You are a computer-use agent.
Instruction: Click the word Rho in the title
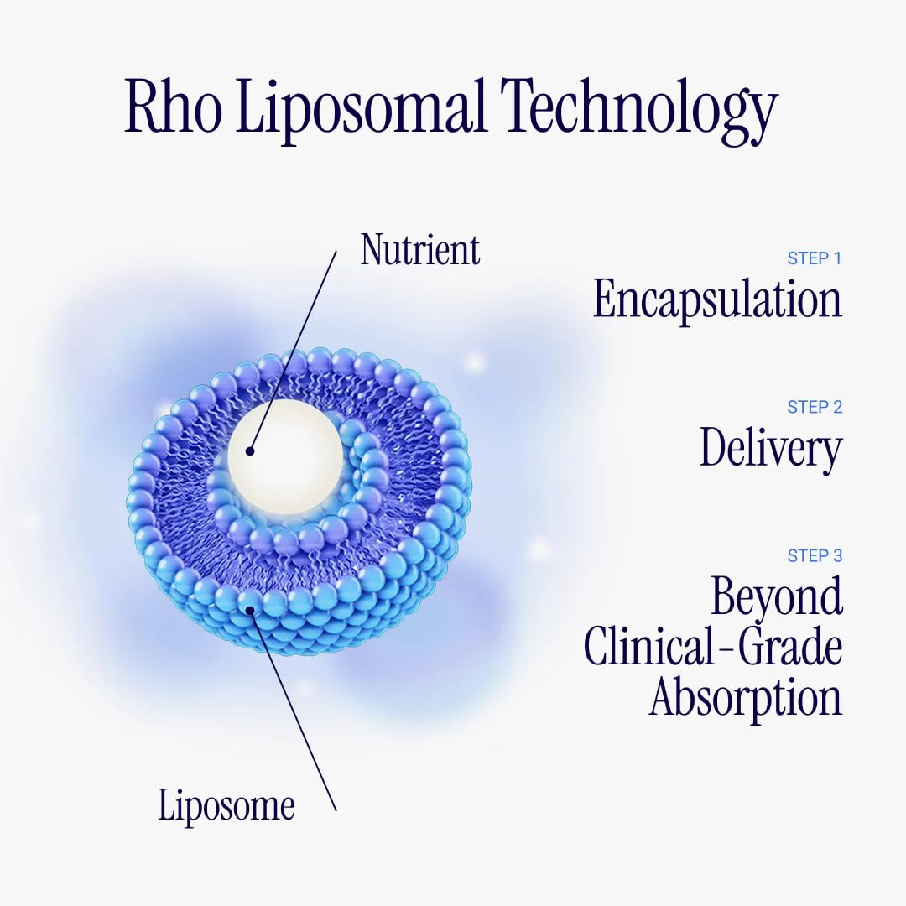click(173, 107)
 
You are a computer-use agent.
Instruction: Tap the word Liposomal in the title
click(360, 111)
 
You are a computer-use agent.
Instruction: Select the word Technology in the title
click(639, 111)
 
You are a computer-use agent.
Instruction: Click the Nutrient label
click(420, 250)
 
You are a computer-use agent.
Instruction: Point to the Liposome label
click(226, 805)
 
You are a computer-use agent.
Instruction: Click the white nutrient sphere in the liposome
click(284, 456)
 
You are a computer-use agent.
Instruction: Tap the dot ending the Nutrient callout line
click(250, 450)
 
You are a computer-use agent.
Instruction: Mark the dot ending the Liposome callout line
click(250, 609)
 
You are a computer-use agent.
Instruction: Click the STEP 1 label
click(814, 258)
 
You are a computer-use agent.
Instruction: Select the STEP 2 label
click(815, 407)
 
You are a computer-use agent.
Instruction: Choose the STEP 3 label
click(815, 555)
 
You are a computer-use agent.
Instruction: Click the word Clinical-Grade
click(713, 647)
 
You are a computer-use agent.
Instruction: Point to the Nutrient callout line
click(293, 351)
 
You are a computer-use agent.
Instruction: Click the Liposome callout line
click(293, 711)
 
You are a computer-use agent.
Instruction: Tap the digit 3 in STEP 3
click(838, 555)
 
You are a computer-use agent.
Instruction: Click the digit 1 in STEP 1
click(838, 258)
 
